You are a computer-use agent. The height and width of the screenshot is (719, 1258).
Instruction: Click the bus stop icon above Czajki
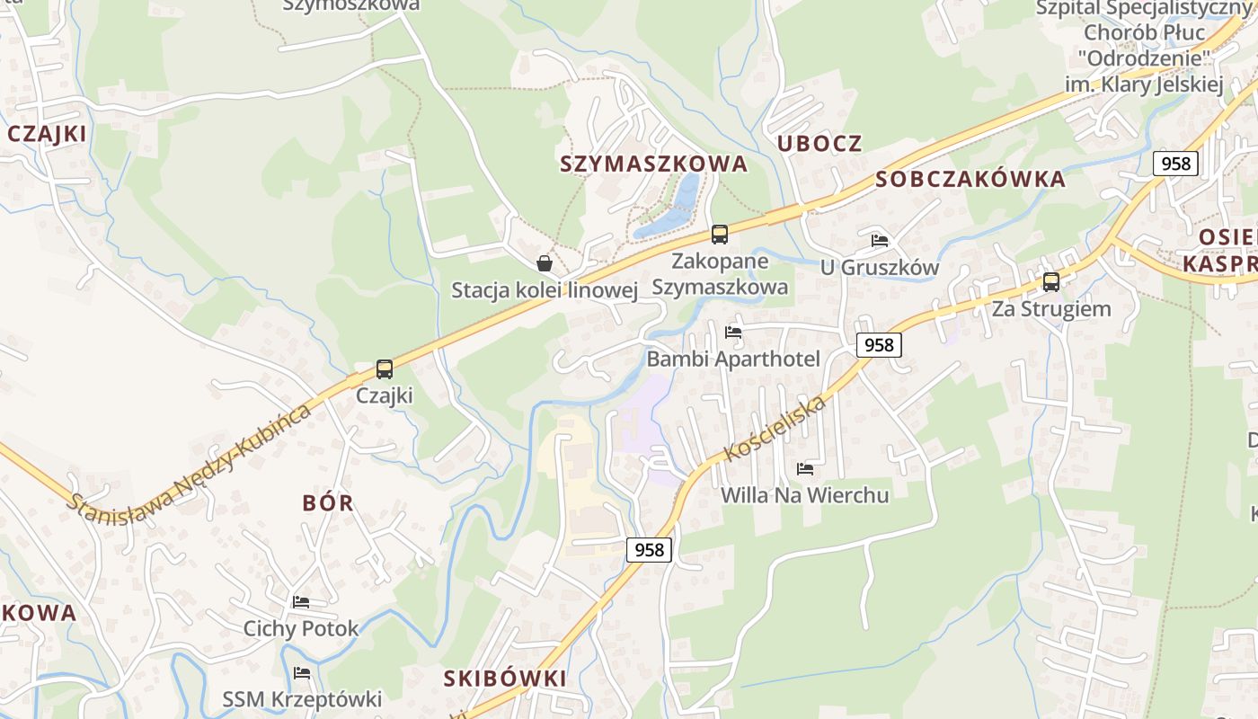(385, 368)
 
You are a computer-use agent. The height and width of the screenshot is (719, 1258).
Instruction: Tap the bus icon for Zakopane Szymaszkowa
(719, 235)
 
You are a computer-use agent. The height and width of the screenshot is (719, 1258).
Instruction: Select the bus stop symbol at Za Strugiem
(1050, 282)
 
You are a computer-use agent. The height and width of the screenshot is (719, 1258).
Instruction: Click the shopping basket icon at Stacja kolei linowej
(544, 263)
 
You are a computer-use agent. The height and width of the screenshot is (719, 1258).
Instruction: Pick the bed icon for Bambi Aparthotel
(733, 333)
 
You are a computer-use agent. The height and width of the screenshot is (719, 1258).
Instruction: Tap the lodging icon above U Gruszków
(880, 241)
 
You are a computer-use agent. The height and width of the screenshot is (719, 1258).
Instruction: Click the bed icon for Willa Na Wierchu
(805, 468)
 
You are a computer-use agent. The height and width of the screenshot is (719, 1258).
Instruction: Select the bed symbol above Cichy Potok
(301, 601)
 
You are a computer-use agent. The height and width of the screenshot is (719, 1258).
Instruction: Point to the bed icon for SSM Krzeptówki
(301, 672)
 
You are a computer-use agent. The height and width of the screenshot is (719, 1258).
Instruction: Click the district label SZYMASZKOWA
(653, 164)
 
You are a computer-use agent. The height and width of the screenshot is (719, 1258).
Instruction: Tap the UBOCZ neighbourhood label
(819, 144)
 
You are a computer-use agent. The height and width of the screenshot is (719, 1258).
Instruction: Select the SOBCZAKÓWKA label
(970, 179)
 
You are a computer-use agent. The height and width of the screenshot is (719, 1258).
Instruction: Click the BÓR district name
(328, 503)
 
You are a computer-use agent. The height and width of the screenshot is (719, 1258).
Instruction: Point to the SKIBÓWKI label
(505, 679)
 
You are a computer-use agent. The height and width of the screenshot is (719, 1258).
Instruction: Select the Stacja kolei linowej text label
(545, 290)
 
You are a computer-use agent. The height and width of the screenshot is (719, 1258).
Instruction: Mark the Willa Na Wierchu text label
(805, 495)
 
